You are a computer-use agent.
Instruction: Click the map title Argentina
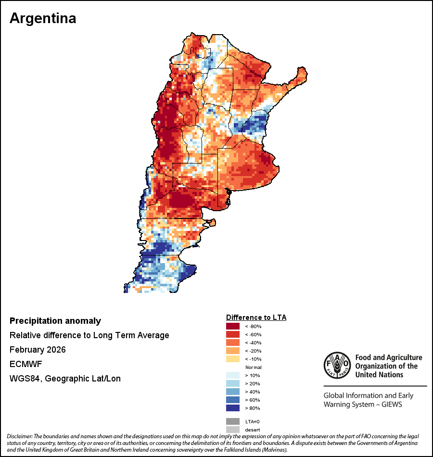pos(43,18)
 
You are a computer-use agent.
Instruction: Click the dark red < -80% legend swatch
pos(233,327)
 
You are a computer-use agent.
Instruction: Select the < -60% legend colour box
pos(233,335)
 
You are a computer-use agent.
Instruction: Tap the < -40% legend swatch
pos(233,343)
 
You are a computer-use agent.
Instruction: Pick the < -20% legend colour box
pos(233,351)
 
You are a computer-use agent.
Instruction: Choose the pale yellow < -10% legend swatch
pos(233,359)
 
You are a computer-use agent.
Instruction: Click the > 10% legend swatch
pos(233,376)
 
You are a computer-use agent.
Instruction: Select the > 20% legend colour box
pos(233,384)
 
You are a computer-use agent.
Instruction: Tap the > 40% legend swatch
pos(233,392)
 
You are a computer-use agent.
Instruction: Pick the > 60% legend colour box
pos(233,400)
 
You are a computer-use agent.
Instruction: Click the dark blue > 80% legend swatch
pos(233,408)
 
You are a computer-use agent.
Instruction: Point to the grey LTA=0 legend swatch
pos(233,421)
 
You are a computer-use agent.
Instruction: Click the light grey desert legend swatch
pos(233,430)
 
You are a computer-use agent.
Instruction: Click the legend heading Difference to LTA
pos(256,317)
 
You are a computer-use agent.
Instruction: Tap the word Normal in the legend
pos(253,368)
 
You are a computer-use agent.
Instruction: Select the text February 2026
pos(38,350)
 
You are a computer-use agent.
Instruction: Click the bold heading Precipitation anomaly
pos(55,321)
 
